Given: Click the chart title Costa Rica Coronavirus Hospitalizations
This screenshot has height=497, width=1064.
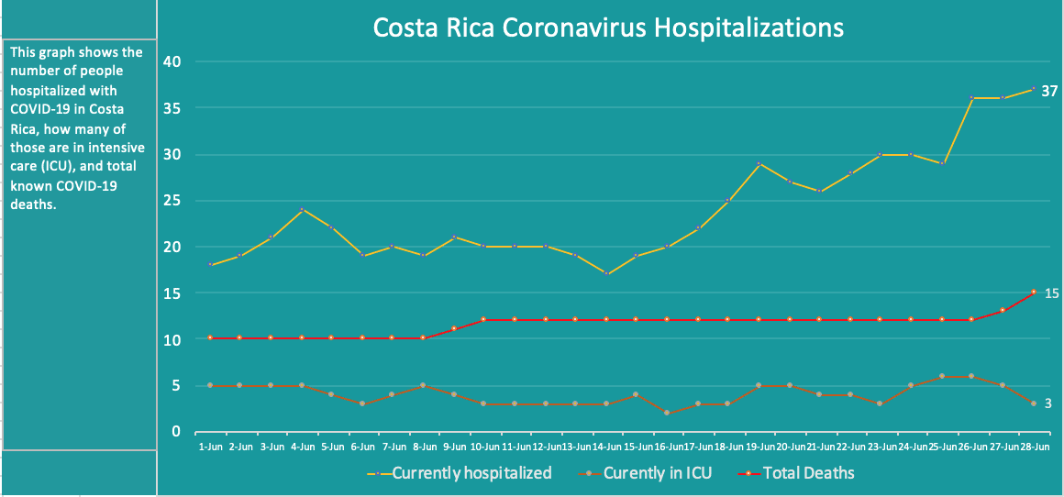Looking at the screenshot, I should [607, 28].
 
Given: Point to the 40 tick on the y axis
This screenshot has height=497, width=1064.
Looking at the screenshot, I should [172, 61].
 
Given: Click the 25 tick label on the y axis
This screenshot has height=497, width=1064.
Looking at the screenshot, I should [172, 201].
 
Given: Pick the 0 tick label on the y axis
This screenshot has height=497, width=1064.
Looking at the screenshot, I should [176, 432].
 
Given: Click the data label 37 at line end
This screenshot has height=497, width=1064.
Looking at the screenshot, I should [1050, 91].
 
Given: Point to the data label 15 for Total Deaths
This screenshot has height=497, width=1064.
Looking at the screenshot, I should [1052, 293].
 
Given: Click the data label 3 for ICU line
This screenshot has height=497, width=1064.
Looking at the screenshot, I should [1048, 403].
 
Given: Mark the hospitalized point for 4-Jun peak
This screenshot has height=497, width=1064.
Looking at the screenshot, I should [302, 209].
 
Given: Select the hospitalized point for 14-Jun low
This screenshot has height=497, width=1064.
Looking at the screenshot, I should [606, 273].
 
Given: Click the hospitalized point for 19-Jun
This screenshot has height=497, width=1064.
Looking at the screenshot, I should [759, 163].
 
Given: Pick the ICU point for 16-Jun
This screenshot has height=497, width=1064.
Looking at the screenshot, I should [667, 413].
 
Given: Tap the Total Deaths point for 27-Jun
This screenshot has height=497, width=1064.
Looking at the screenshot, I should [1003, 310].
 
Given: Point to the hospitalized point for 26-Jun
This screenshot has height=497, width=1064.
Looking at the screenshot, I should [972, 97].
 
